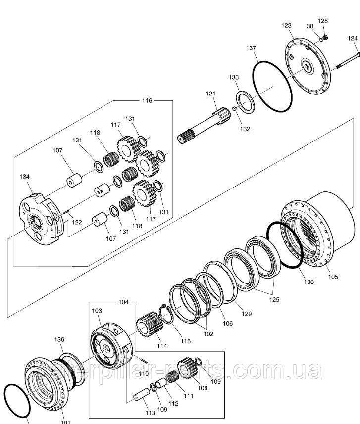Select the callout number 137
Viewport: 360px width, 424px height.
[x=251, y=48]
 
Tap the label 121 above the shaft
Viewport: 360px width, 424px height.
[x=211, y=94]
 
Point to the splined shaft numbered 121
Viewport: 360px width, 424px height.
[x=203, y=126]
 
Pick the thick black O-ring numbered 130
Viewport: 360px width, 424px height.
[x=285, y=244]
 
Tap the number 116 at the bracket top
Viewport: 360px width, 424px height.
[x=147, y=100]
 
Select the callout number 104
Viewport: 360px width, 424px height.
[x=123, y=301]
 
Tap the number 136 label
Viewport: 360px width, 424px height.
[x=59, y=339]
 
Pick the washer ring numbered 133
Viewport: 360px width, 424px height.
[x=246, y=102]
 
